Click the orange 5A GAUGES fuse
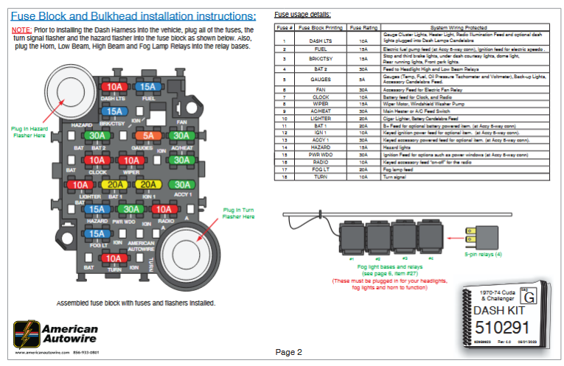(x=148, y=136)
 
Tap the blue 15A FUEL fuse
(x=148, y=87)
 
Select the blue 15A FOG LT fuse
(x=96, y=234)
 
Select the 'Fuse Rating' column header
(x=363, y=27)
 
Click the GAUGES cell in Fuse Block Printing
(x=320, y=77)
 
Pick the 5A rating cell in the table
(x=363, y=77)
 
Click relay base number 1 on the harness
(x=352, y=239)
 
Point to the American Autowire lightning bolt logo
(x=27, y=333)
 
